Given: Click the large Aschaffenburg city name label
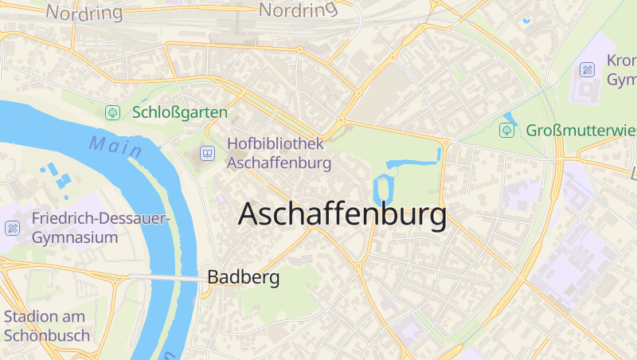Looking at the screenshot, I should [x=342, y=215].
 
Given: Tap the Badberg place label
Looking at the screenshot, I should [x=243, y=278].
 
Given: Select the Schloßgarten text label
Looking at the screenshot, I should [x=180, y=113].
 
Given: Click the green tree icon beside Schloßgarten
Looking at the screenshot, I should [x=113, y=113].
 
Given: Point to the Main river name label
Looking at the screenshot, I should [x=115, y=146].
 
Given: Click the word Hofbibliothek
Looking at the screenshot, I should [x=276, y=144].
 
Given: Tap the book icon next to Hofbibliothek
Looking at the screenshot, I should [x=207, y=153].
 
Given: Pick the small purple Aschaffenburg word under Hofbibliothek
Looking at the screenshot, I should [x=279, y=163].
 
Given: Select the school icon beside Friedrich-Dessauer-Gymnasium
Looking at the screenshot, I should [x=12, y=229].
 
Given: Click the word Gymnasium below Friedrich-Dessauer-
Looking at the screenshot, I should [x=75, y=237].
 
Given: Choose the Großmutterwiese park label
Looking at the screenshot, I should [x=581, y=129].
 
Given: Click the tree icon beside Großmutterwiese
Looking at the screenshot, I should [x=506, y=129].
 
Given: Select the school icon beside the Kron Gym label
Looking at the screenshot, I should [x=587, y=70].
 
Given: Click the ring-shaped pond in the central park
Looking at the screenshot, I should [x=383, y=189].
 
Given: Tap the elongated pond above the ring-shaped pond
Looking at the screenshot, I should [x=414, y=162].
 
